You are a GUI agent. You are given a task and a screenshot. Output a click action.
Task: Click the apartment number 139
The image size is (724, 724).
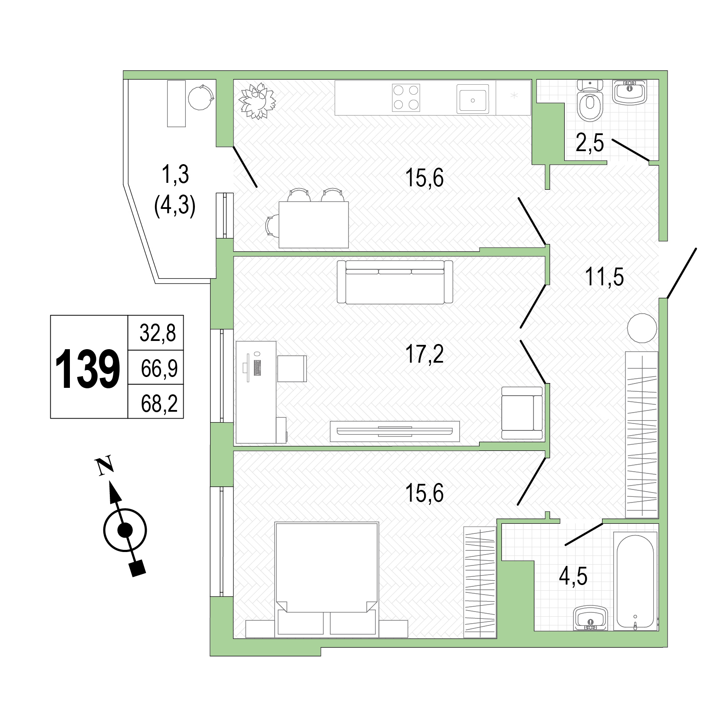coord(88,368)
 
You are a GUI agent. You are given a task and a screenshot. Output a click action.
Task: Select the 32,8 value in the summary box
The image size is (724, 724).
coord(158,333)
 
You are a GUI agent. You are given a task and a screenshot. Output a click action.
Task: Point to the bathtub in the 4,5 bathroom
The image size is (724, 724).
coord(635,582)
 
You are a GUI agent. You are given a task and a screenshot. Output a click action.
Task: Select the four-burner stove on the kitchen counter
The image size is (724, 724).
coord(406,97)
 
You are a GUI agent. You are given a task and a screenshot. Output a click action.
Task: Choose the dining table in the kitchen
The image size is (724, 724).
coord(313,225)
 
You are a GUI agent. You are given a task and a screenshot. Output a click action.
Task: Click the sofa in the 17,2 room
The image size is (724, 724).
coord(395,282)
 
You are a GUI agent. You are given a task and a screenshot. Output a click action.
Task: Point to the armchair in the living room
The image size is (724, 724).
coord(522,413)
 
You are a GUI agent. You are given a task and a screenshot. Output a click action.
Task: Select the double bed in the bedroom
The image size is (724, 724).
coord(327,573)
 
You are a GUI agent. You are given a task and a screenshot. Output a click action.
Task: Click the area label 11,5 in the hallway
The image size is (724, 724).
coord(604,277)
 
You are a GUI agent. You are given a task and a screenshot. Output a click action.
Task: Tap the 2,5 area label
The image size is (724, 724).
coord(589,142)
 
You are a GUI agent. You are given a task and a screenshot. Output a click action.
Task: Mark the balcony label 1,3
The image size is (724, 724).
coord(175,175)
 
